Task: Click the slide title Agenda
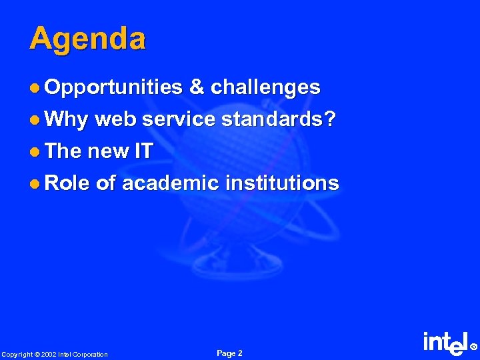pos(87,39)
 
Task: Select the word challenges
pos(266,87)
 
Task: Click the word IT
pos(143,151)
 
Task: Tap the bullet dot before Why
pos(35,120)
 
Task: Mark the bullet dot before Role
pos(35,183)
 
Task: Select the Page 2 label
pos(230,353)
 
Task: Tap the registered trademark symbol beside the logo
pos(474,347)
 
